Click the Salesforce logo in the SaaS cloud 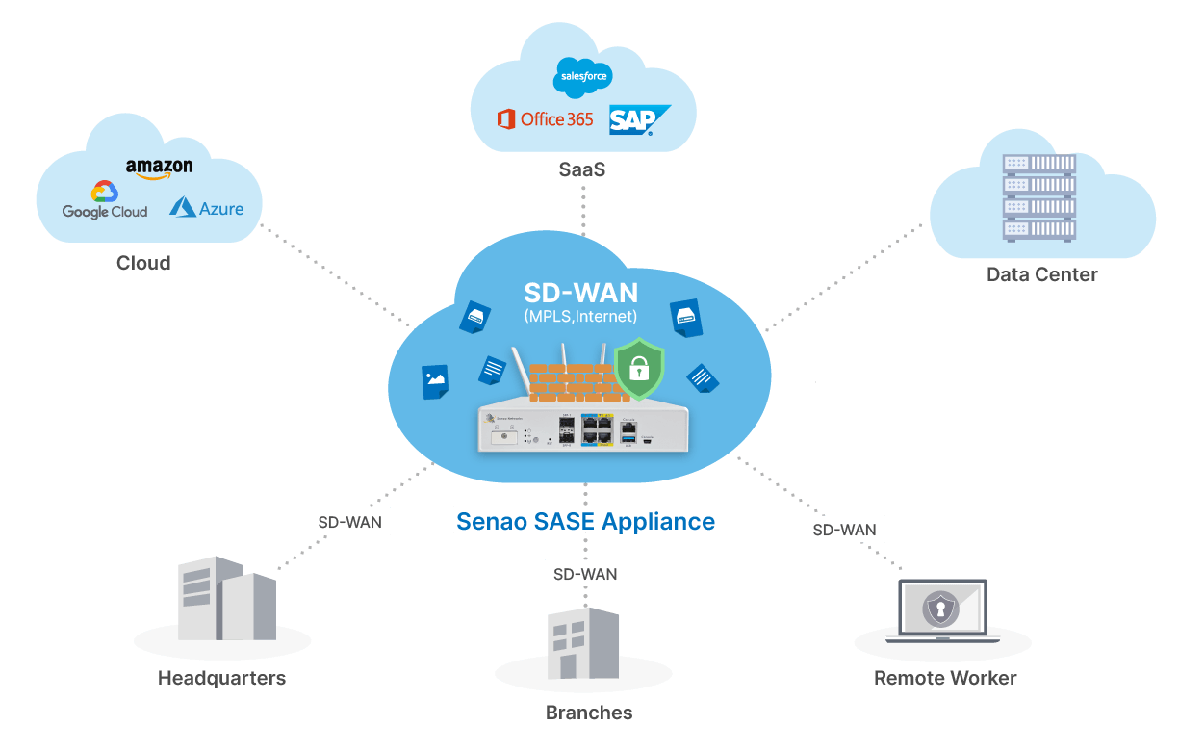583,76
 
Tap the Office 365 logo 545,119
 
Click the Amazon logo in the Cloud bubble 159,169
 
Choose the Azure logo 207,208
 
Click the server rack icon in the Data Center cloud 1038,197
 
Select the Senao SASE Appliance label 585,521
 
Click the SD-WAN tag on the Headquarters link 349,523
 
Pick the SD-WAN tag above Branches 585,574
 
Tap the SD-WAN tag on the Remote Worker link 844,529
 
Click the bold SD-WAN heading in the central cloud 580,293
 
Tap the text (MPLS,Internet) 580,316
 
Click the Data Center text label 1041,274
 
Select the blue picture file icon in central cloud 434,381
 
